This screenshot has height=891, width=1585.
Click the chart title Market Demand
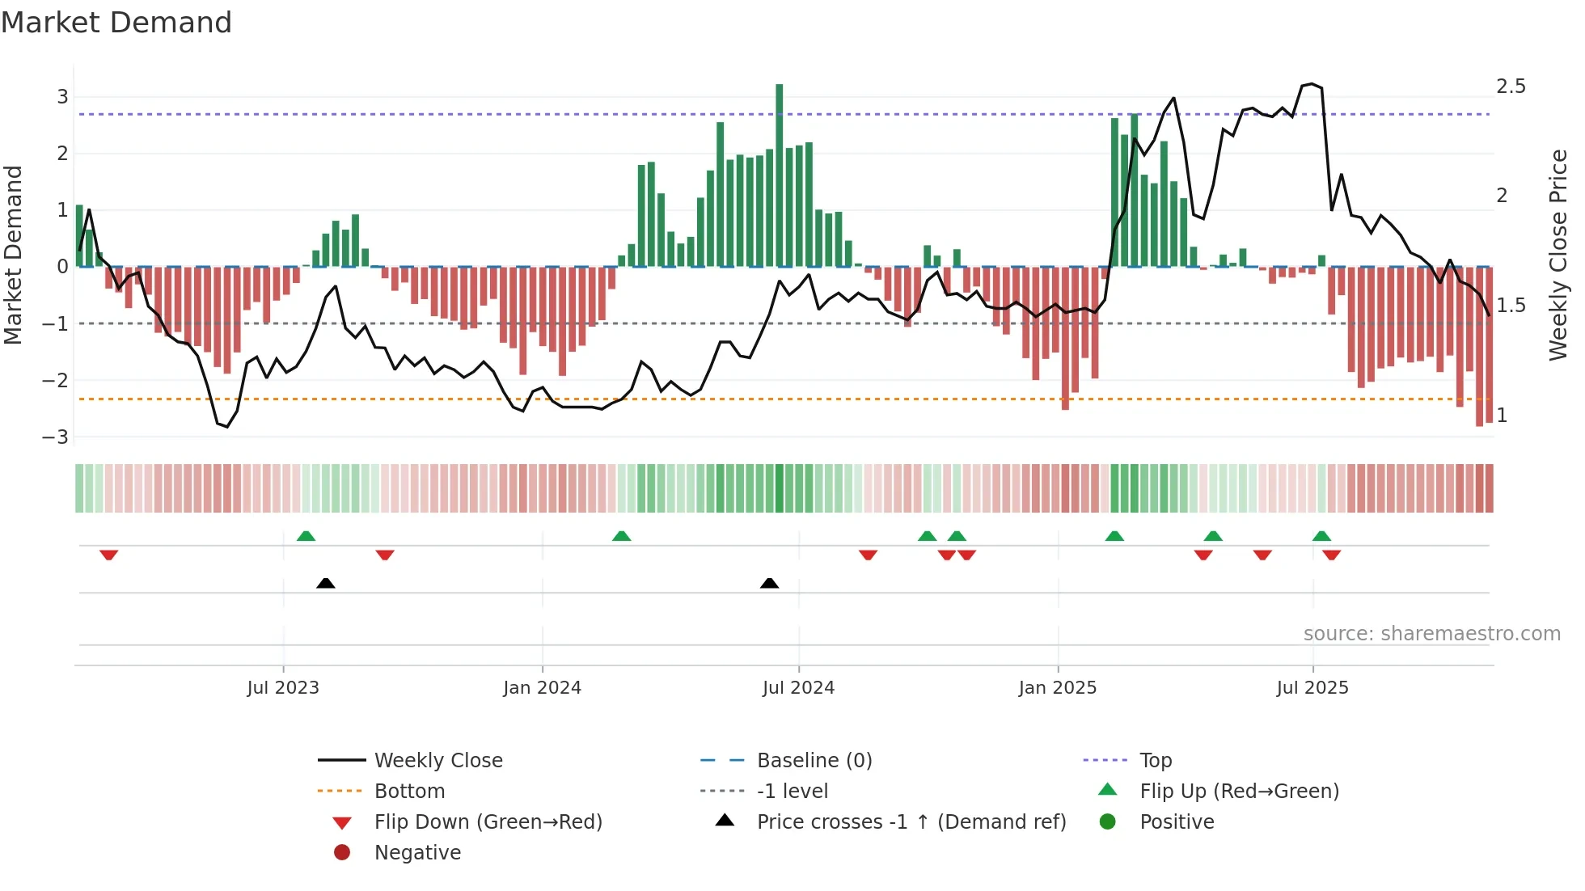click(116, 23)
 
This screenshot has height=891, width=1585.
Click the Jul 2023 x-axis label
click(283, 688)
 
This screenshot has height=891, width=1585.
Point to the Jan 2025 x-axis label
click(1057, 688)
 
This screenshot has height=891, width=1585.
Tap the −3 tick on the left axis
click(56, 437)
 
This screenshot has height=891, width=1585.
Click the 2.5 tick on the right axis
click(1511, 87)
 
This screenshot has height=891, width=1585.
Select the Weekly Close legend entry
click(437, 761)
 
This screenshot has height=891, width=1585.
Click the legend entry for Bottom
click(409, 792)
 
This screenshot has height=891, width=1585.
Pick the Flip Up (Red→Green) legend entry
click(1239, 792)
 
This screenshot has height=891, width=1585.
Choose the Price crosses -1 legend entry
click(911, 822)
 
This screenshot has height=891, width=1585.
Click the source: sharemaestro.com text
click(1431, 634)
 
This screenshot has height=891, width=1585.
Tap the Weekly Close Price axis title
click(1558, 255)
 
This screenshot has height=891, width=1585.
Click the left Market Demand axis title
click(13, 255)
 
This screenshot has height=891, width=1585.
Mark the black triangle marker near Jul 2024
click(769, 583)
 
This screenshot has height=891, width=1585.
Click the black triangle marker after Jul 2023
click(325, 583)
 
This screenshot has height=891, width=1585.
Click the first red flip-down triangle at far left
click(109, 555)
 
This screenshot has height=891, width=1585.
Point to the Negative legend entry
click(416, 853)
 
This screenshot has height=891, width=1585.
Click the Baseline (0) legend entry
click(814, 761)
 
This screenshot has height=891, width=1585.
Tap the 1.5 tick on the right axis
click(1511, 306)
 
